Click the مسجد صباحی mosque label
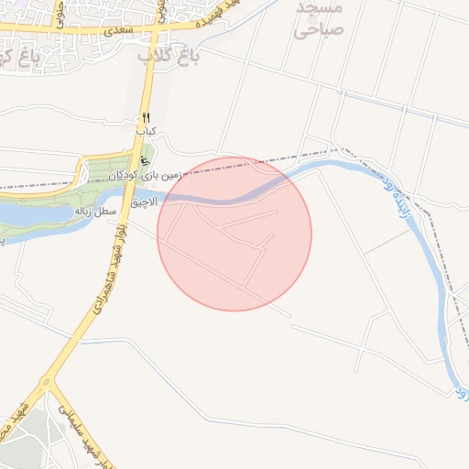319,18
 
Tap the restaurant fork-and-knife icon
146,118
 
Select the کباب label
147,132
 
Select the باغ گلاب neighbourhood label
169,56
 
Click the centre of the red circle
234,234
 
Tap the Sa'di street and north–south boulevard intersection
158,32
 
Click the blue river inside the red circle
229,197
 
